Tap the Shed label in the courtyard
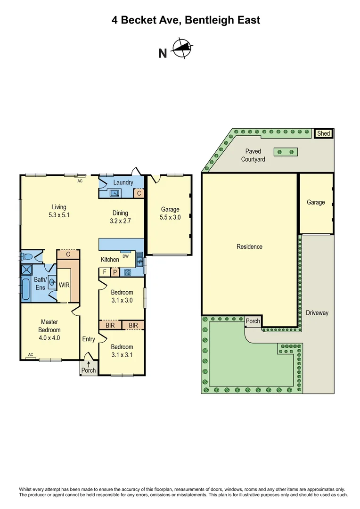click(x=324, y=134)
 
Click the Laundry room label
click(x=123, y=182)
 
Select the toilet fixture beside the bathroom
click(x=28, y=256)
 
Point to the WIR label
click(x=64, y=285)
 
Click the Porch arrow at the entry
click(x=88, y=364)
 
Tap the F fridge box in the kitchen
click(x=104, y=272)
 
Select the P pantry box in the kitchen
click(x=115, y=272)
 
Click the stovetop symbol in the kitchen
click(x=127, y=272)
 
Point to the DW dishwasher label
click(x=125, y=256)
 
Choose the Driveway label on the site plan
click(x=317, y=312)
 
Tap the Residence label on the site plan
click(x=249, y=246)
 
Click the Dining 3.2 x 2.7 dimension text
click(x=120, y=220)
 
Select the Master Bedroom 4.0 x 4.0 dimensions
click(x=49, y=337)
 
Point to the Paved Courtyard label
click(x=253, y=155)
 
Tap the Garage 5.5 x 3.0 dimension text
click(x=170, y=217)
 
